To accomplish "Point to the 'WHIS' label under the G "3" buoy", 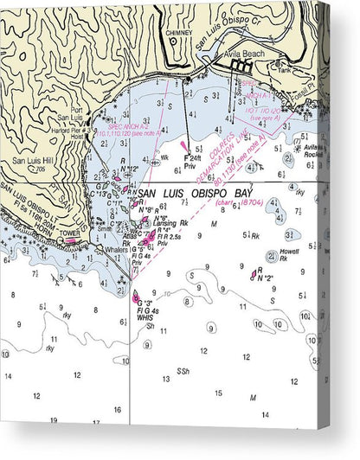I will tap(145, 317).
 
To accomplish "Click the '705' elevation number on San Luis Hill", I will tap(41, 169).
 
